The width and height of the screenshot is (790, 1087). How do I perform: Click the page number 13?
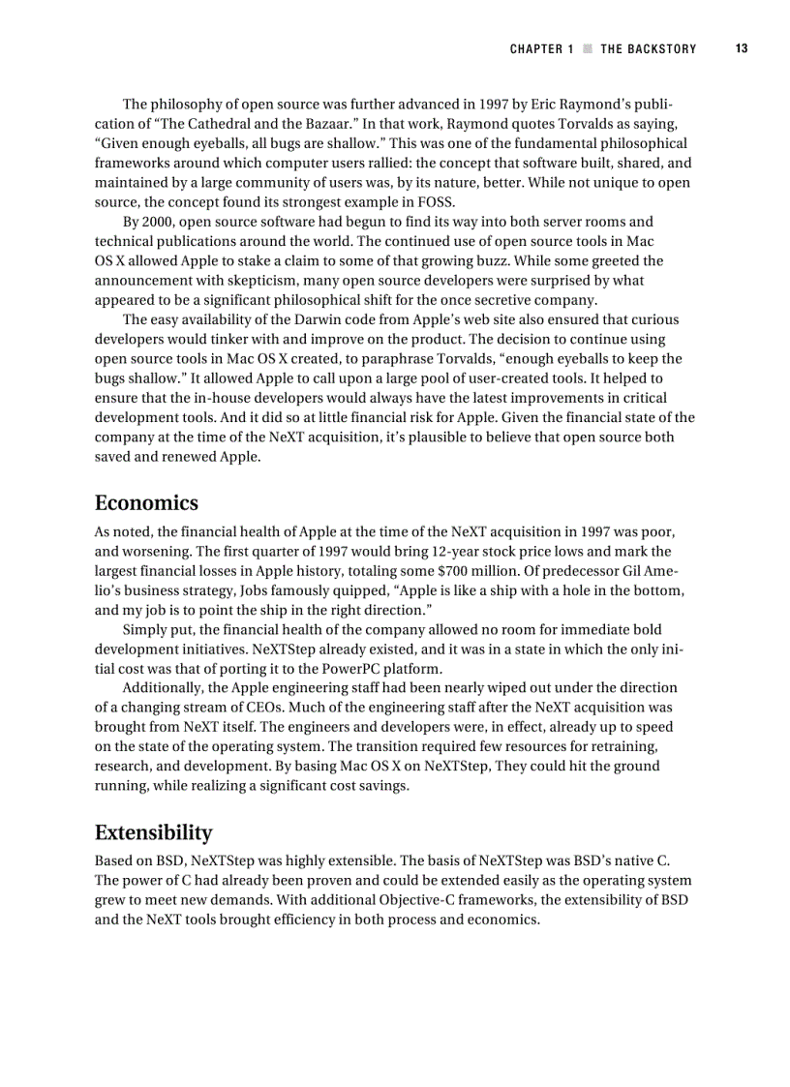741,48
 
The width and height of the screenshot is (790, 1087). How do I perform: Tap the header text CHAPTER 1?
541,48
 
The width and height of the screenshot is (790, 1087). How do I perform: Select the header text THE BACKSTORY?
648,48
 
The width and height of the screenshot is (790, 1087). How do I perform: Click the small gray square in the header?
587,48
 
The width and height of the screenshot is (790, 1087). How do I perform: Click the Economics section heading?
146,502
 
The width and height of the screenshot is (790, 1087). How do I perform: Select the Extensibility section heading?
153,832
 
